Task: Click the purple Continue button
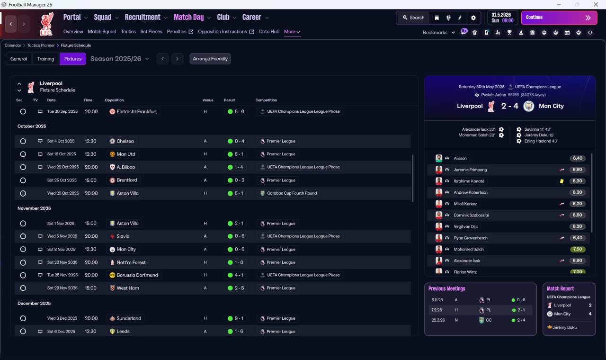click(x=559, y=18)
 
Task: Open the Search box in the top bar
click(x=413, y=18)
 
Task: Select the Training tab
click(x=45, y=59)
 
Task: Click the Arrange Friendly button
click(x=210, y=59)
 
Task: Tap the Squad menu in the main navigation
click(x=103, y=17)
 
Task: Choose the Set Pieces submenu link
click(x=151, y=32)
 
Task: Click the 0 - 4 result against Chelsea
click(x=236, y=141)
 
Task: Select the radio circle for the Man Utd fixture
click(x=23, y=154)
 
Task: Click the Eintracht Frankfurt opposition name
click(x=137, y=111)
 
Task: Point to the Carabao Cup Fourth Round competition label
click(x=292, y=193)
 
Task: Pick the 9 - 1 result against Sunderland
click(x=236, y=319)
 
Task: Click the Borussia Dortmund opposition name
click(x=137, y=275)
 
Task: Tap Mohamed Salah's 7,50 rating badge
click(x=577, y=249)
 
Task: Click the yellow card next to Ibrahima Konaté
click(x=561, y=181)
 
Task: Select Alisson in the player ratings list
click(x=460, y=158)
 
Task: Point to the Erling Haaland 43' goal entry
click(x=541, y=141)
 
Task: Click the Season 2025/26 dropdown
click(x=120, y=59)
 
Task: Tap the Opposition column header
click(x=114, y=100)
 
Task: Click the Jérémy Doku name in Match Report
click(x=564, y=327)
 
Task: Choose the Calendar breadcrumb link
click(x=13, y=45)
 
